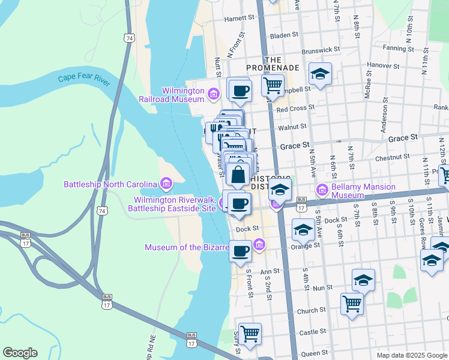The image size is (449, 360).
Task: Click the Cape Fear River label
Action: (x=84, y=79)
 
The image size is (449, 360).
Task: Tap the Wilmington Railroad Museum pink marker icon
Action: (x=212, y=94)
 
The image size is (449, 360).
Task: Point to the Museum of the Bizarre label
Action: (x=187, y=247)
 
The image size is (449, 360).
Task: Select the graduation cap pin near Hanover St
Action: (x=320, y=74)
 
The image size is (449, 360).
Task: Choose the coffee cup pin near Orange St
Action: (x=241, y=251)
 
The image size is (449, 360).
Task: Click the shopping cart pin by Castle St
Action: (x=250, y=332)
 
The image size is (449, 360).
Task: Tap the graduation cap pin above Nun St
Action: (x=363, y=280)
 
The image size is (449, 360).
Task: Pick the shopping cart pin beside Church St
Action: (x=351, y=302)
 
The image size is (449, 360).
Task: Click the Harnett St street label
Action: (x=239, y=19)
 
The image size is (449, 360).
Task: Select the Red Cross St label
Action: (x=296, y=109)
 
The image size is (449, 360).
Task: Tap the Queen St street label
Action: (x=314, y=354)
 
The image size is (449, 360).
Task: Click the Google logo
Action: (x=20, y=353)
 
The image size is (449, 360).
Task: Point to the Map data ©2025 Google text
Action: (x=411, y=355)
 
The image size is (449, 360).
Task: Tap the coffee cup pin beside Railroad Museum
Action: (x=240, y=91)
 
